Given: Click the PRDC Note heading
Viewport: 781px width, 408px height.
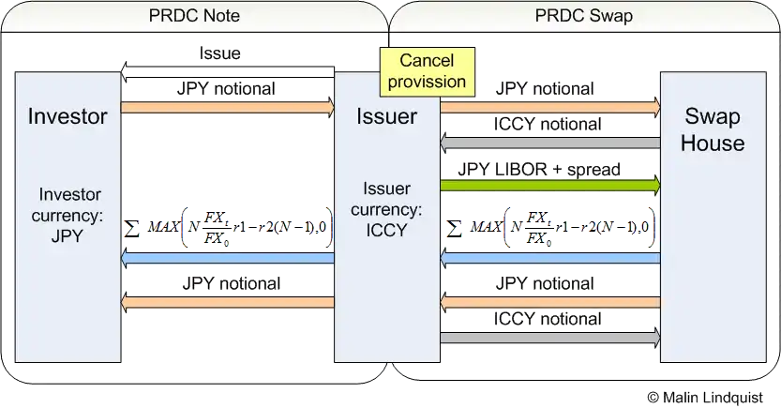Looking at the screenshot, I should coord(194,15).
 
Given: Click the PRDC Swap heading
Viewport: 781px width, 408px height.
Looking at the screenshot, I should coord(582,15).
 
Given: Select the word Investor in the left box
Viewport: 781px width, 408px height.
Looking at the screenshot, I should coord(68,116).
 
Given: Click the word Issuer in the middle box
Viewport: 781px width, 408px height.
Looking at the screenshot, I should coord(387,116).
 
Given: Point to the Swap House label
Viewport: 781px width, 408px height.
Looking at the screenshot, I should coord(713,130).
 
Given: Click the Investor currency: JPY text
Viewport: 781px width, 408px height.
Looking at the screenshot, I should coord(69,215).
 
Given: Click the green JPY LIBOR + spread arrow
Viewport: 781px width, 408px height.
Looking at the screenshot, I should coord(550,187).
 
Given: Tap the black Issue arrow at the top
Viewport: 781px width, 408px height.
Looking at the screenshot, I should coord(229,77).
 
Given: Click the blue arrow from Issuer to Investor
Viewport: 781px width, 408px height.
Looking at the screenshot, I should coord(229,258).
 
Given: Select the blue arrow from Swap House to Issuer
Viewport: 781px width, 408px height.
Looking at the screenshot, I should coord(550,258).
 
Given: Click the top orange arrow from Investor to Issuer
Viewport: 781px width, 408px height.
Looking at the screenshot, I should coord(229,107).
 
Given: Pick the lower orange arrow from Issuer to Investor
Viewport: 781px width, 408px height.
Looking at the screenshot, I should coord(229,302).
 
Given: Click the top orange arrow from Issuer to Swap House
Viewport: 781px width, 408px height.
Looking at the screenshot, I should coord(550,107).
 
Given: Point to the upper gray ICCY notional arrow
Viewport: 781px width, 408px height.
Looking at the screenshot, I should coord(550,143).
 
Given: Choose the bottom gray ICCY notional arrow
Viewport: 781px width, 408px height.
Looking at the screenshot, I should coord(550,338).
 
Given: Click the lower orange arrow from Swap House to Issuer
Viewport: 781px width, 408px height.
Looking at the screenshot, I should coord(550,302).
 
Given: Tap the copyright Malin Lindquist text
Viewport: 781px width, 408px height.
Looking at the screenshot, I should coord(704,397).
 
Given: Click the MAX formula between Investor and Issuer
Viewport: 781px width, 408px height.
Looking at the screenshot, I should coord(229,226).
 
